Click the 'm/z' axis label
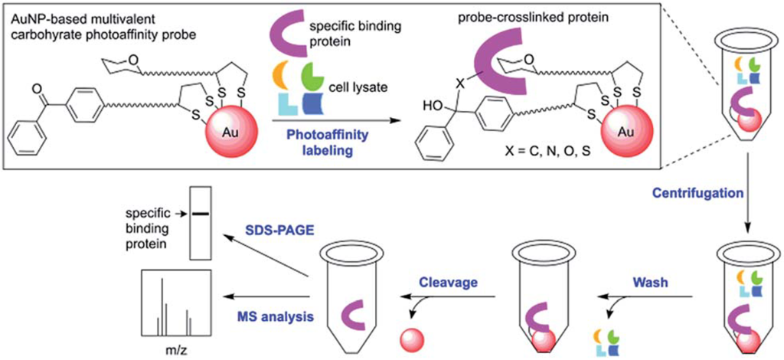[x=174, y=351]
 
